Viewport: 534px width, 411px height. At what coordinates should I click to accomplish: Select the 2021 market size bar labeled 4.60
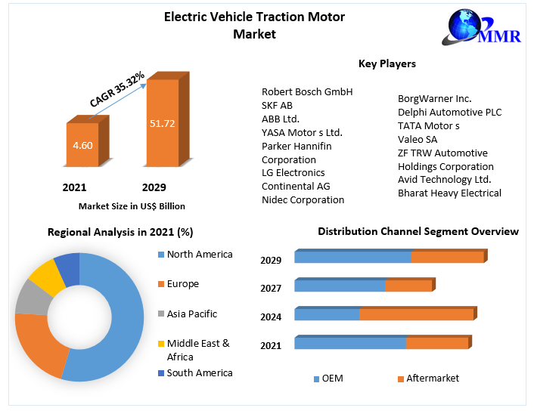[83, 144]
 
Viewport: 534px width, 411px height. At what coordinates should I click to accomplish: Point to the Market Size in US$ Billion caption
[132, 205]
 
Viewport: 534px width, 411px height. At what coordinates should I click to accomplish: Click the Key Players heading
[387, 63]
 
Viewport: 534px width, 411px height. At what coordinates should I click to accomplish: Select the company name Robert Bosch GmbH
[307, 92]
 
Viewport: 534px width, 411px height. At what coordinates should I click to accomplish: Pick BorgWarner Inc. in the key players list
[434, 98]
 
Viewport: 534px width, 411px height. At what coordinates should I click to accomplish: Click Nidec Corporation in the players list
[303, 200]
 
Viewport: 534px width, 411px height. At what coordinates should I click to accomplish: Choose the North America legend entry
[200, 255]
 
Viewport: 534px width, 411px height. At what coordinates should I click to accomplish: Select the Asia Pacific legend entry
[191, 314]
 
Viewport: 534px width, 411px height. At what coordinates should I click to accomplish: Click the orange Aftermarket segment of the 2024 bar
[416, 314]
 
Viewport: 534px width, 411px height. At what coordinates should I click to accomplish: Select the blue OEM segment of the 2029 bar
[352, 257]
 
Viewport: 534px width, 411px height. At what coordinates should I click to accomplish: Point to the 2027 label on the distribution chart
[271, 288]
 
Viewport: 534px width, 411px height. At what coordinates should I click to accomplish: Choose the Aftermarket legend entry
[432, 378]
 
